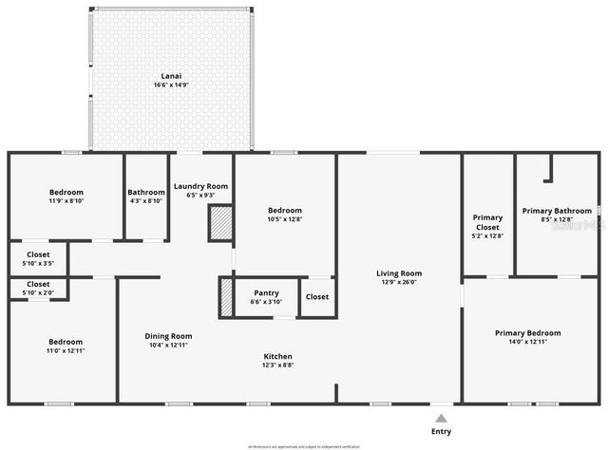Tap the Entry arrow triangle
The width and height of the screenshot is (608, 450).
[x=441, y=417]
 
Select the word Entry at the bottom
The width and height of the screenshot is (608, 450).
[x=441, y=431]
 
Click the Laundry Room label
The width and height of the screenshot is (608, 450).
[x=200, y=186]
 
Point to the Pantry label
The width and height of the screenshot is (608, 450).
[x=266, y=293]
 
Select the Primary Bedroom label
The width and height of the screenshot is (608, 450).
[x=527, y=333]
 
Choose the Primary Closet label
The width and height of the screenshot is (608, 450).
[x=487, y=222]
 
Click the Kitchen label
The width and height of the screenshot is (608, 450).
[x=278, y=356]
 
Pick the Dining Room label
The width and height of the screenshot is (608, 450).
[x=168, y=336]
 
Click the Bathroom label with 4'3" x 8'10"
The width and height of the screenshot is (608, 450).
[x=146, y=193]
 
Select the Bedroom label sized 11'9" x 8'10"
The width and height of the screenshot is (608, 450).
[x=66, y=193]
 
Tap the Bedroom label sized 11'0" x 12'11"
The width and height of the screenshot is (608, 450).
[x=66, y=342]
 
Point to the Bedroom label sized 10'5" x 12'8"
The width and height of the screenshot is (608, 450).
[x=284, y=210]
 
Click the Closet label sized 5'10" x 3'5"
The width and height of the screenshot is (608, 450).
[x=38, y=254]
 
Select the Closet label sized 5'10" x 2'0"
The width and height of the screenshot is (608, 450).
[x=38, y=284]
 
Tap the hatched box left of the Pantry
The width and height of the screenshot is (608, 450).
[x=226, y=297]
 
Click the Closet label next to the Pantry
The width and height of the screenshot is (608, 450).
[x=317, y=297]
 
